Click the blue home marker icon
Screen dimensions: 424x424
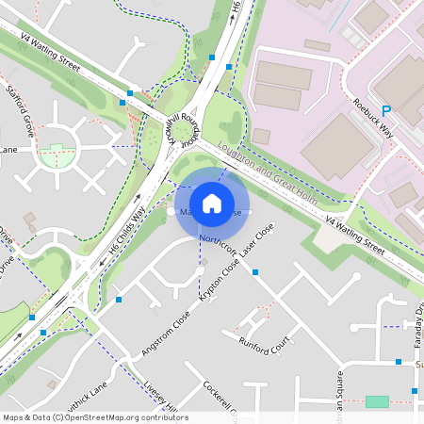pos(212,203)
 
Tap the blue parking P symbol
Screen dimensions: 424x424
pos(384,111)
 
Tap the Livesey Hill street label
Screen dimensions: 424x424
pos(151,395)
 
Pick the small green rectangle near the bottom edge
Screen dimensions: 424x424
pos(377,401)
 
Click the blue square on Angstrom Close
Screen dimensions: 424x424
pos(119,300)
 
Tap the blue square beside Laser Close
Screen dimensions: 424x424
pos(255,272)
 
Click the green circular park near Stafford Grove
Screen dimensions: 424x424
pos(59,155)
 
